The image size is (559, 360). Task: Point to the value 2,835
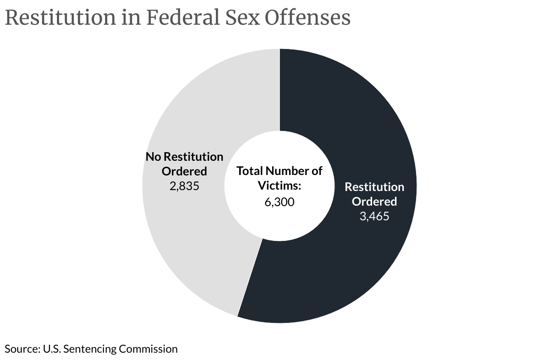(x=184, y=186)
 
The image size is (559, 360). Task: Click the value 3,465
(x=374, y=216)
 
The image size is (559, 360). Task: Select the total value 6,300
(x=279, y=202)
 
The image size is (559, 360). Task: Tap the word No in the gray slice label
(x=153, y=157)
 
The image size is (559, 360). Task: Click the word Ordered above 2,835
(x=184, y=171)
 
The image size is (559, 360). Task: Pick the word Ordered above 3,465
(x=374, y=202)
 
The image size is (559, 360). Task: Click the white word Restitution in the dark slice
(x=374, y=187)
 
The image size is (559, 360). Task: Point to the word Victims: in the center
(x=279, y=186)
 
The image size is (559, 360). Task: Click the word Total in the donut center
(x=250, y=171)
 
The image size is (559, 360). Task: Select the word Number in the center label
(x=288, y=171)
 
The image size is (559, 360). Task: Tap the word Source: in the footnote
(x=22, y=349)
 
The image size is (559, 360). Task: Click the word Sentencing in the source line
(x=90, y=349)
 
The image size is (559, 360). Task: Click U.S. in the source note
(x=52, y=349)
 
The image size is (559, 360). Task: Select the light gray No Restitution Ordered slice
(x=192, y=256)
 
